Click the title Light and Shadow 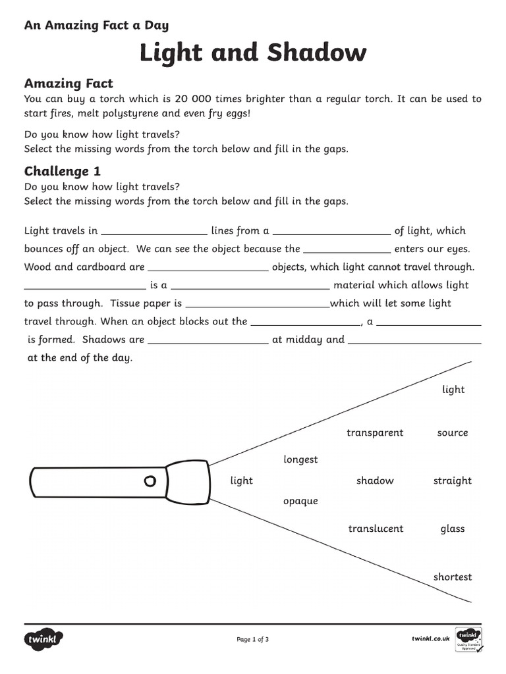[x=252, y=53]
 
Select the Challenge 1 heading [x=63, y=171]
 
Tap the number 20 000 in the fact [x=194, y=99]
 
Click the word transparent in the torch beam [x=375, y=432]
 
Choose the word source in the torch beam [x=452, y=432]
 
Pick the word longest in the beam [x=300, y=459]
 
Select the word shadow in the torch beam [x=375, y=480]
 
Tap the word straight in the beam [x=452, y=480]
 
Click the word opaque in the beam [x=300, y=501]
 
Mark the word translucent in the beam [x=376, y=529]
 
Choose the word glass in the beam [x=452, y=529]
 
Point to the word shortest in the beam [x=452, y=577]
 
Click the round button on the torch [x=150, y=480]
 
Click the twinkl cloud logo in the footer [x=44, y=638]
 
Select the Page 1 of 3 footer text [x=252, y=639]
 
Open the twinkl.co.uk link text [x=430, y=638]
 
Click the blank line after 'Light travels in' [x=154, y=231]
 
